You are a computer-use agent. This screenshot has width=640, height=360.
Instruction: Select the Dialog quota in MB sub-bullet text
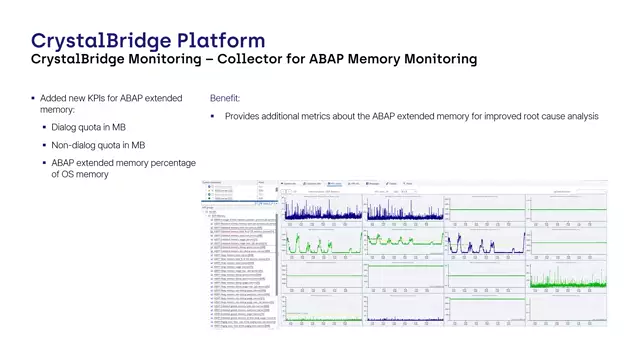click(88, 128)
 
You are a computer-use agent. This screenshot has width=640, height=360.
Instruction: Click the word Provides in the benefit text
click(244, 117)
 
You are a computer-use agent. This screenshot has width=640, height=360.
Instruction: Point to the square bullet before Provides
click(213, 117)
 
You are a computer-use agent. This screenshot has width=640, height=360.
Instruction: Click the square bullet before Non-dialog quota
click(43, 145)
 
